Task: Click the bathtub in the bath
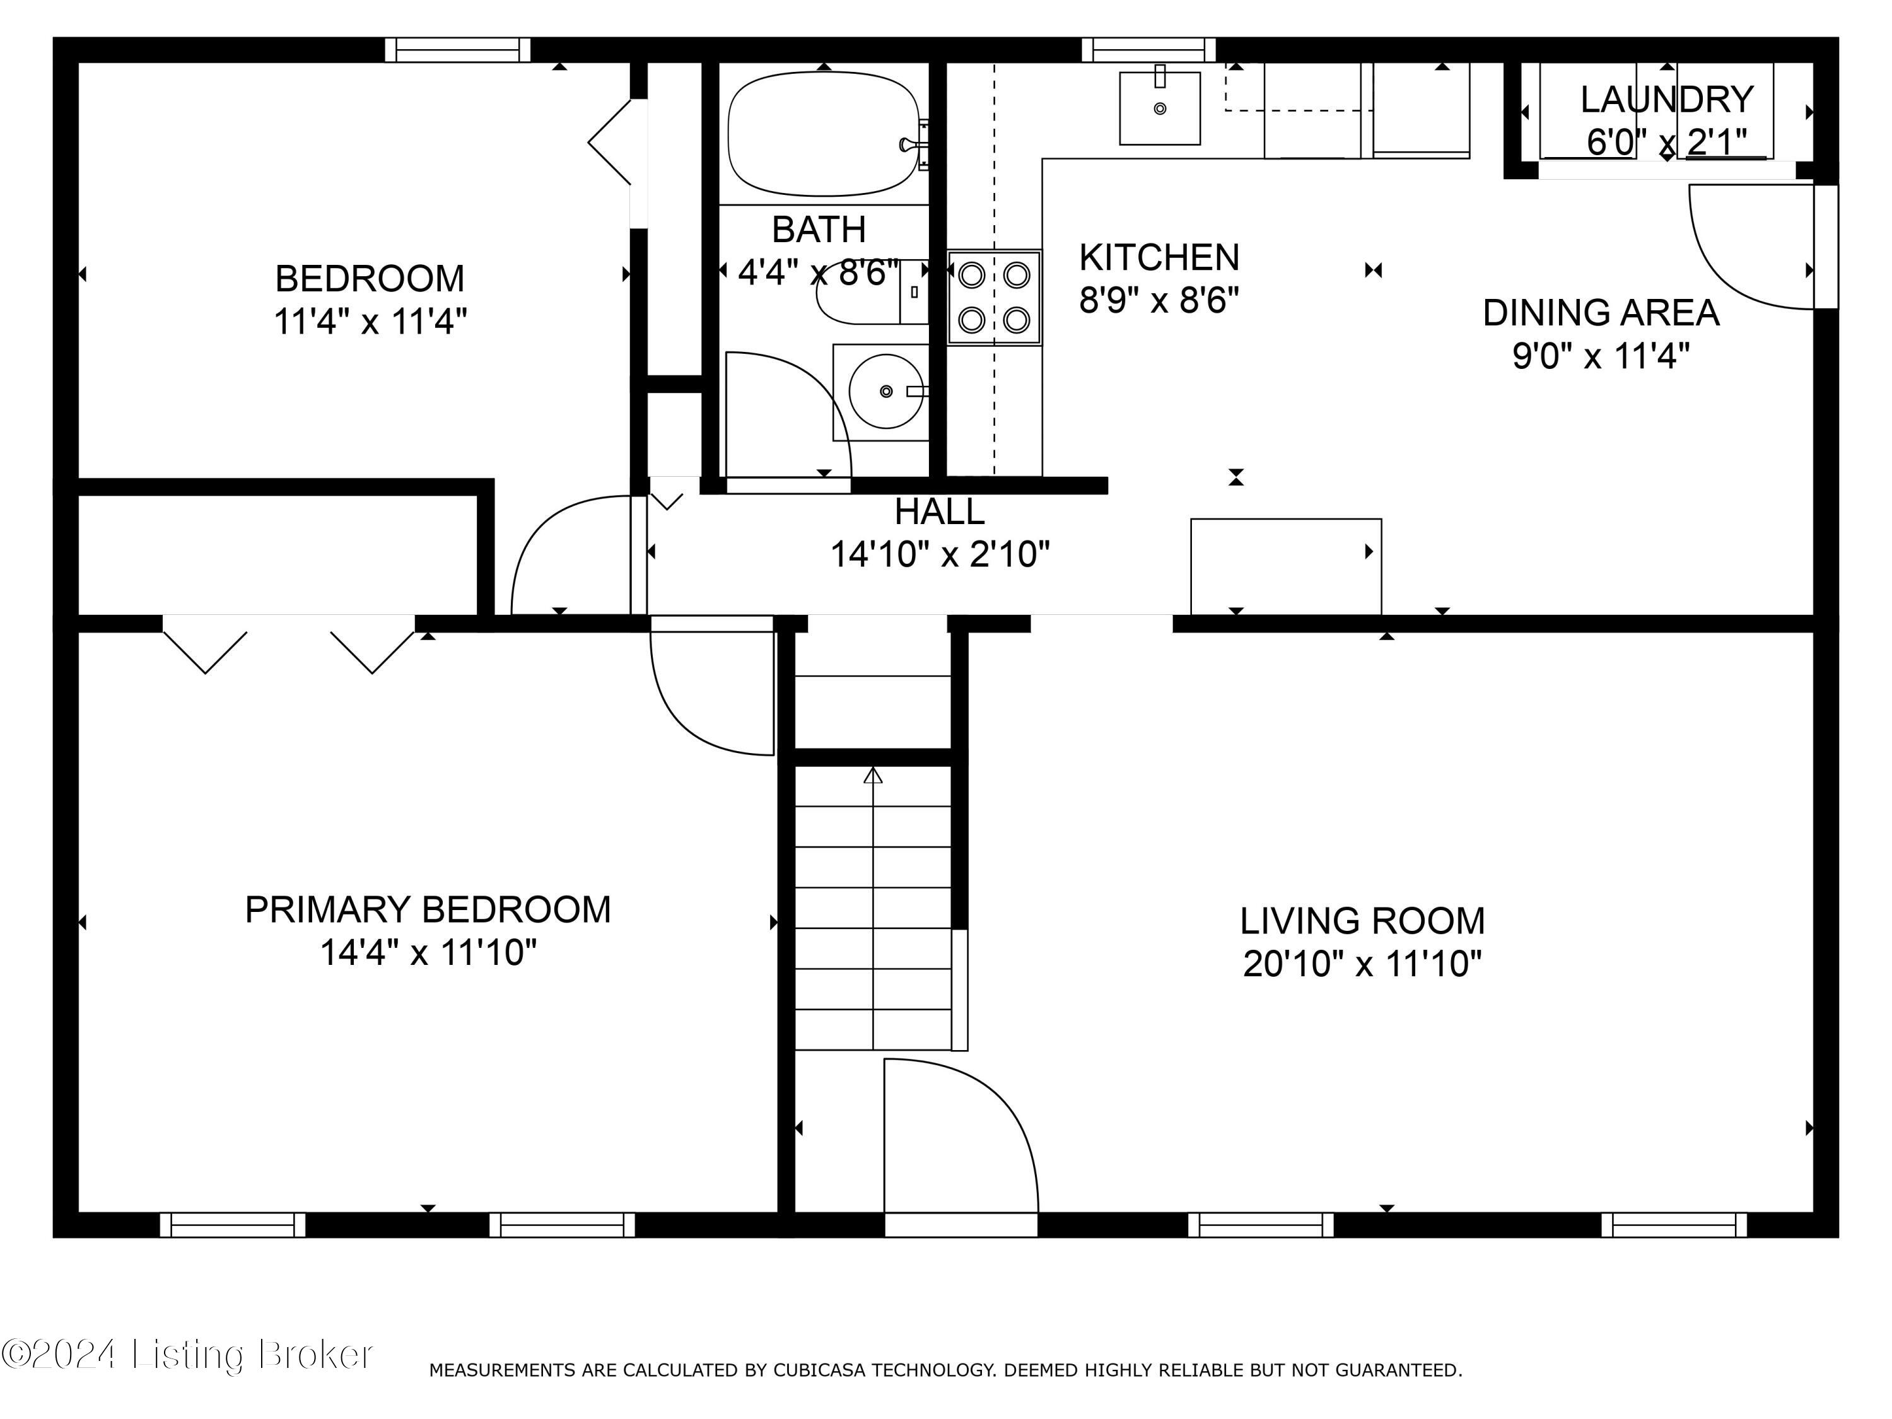tap(823, 134)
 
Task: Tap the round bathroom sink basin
tap(886, 391)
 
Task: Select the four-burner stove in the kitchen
tap(994, 298)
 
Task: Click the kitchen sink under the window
tap(1160, 108)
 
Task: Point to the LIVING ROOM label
tap(1362, 920)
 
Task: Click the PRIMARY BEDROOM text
tap(428, 909)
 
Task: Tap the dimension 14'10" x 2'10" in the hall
tap(940, 554)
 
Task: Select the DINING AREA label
tap(1601, 312)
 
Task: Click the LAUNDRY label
tap(1667, 99)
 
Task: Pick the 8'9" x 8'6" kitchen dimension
tap(1159, 300)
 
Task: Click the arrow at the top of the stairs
tap(872, 776)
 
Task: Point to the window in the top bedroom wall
tap(458, 50)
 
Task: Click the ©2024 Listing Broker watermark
tap(187, 1354)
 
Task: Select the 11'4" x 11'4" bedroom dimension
tap(370, 322)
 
